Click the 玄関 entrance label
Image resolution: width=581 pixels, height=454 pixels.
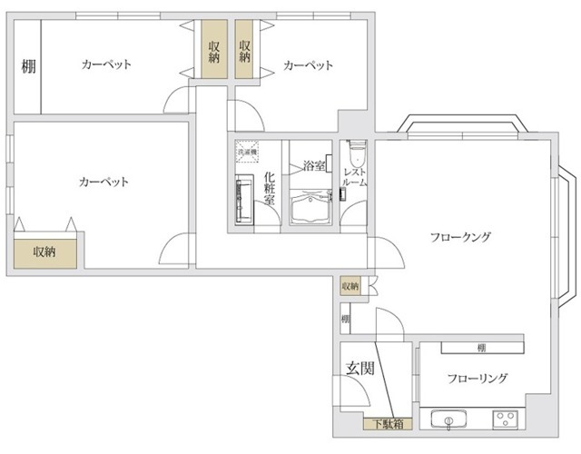tap(359, 369)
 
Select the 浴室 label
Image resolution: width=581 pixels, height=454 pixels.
tap(314, 166)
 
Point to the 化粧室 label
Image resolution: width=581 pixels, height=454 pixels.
tap(270, 189)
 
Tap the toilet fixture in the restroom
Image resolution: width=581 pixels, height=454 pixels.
tap(355, 151)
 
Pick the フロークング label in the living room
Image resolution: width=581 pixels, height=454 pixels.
tap(460, 238)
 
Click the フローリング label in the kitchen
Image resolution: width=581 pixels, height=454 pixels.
tap(477, 379)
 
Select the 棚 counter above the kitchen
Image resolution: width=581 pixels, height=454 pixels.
tap(482, 348)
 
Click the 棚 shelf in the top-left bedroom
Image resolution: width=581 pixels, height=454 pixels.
tap(27, 66)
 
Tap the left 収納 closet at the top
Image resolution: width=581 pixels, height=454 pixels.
tap(213, 52)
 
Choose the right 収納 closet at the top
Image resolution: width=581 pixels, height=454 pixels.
tap(245, 52)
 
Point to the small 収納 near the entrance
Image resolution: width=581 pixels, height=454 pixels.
tap(350, 287)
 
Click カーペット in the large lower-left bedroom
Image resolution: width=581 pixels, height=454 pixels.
tap(104, 183)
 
